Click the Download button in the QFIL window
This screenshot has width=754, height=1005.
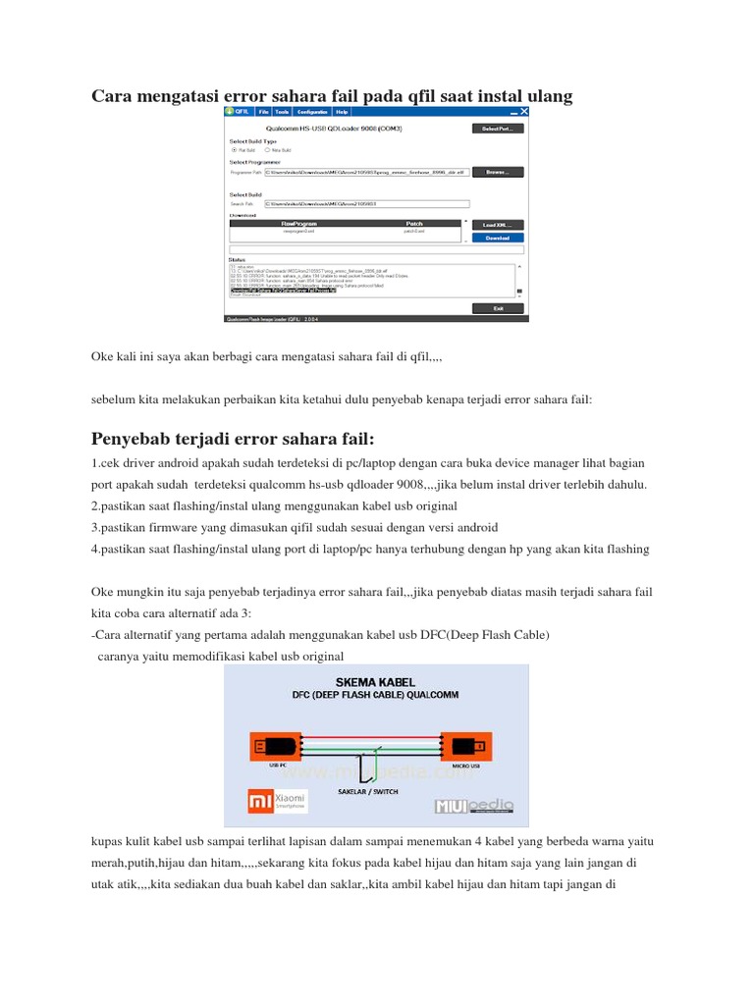coord(498,238)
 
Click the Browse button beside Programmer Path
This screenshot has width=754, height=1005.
coord(498,172)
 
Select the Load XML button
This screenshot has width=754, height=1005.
coord(498,225)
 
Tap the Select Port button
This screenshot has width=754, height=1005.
coord(498,129)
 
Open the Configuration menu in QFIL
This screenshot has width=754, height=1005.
coord(312,113)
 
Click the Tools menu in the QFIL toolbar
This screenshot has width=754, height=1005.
coord(282,113)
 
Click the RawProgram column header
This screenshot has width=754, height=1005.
coord(299,224)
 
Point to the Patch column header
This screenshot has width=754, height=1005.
coord(414,224)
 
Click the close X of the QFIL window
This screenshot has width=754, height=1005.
coord(525,112)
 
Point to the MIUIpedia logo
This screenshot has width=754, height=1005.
coord(475,807)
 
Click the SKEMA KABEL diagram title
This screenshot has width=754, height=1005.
coord(375,681)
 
